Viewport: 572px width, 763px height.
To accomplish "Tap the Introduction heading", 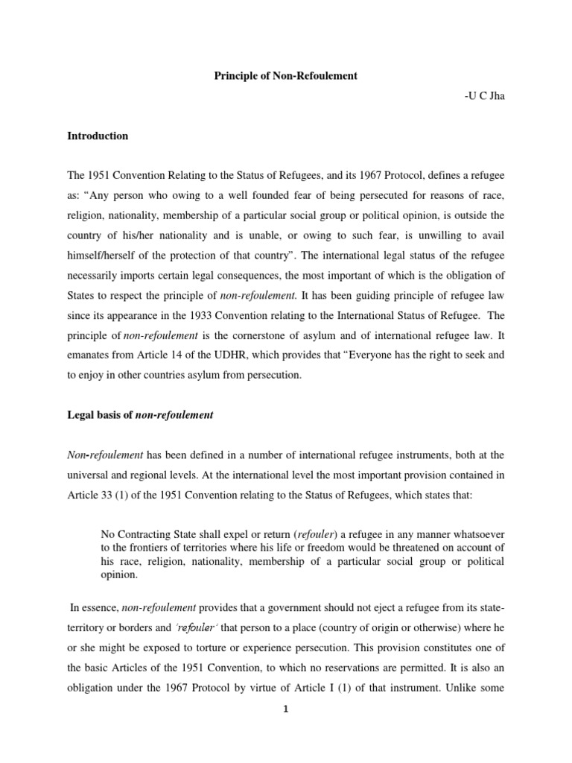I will click(98, 136).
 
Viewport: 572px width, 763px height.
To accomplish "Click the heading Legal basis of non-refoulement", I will click(140, 415).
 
